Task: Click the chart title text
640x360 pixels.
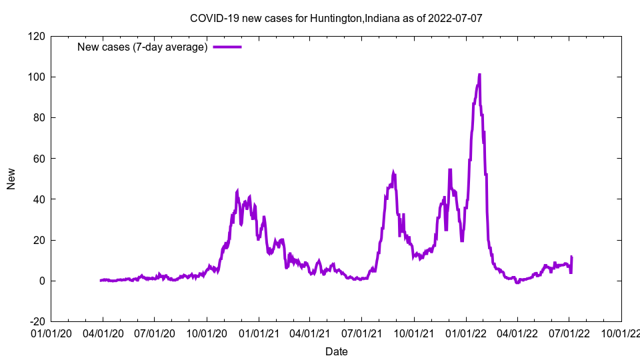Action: pos(336,18)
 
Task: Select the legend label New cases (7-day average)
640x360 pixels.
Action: pos(143,47)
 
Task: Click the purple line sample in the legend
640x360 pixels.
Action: pos(227,47)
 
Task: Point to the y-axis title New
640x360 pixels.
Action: pos(11,179)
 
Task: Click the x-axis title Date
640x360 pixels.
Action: pos(336,351)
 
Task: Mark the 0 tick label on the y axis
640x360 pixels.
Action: pos(41,281)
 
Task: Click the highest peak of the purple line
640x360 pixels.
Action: pos(479,75)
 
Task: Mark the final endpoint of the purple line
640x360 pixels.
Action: pos(572,257)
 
